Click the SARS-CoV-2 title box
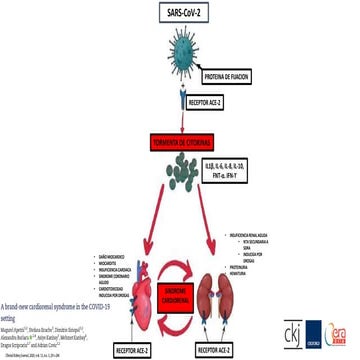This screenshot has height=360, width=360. (180, 12)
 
